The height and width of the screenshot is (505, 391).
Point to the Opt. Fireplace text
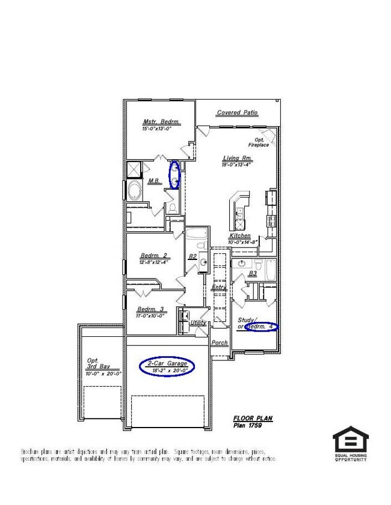(258, 142)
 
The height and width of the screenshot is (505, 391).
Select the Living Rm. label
(238, 158)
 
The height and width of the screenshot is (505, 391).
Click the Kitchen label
(239, 236)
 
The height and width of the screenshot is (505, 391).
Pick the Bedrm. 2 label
(153, 255)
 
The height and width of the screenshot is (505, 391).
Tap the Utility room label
(198, 322)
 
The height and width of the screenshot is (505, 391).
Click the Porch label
(220, 343)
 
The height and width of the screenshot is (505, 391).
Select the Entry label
(219, 288)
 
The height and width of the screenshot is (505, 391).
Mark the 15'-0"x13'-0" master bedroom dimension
(157, 129)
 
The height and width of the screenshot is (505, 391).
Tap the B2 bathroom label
(192, 256)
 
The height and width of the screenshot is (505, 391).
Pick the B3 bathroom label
(253, 273)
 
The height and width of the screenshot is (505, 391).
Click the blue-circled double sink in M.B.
(174, 175)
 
